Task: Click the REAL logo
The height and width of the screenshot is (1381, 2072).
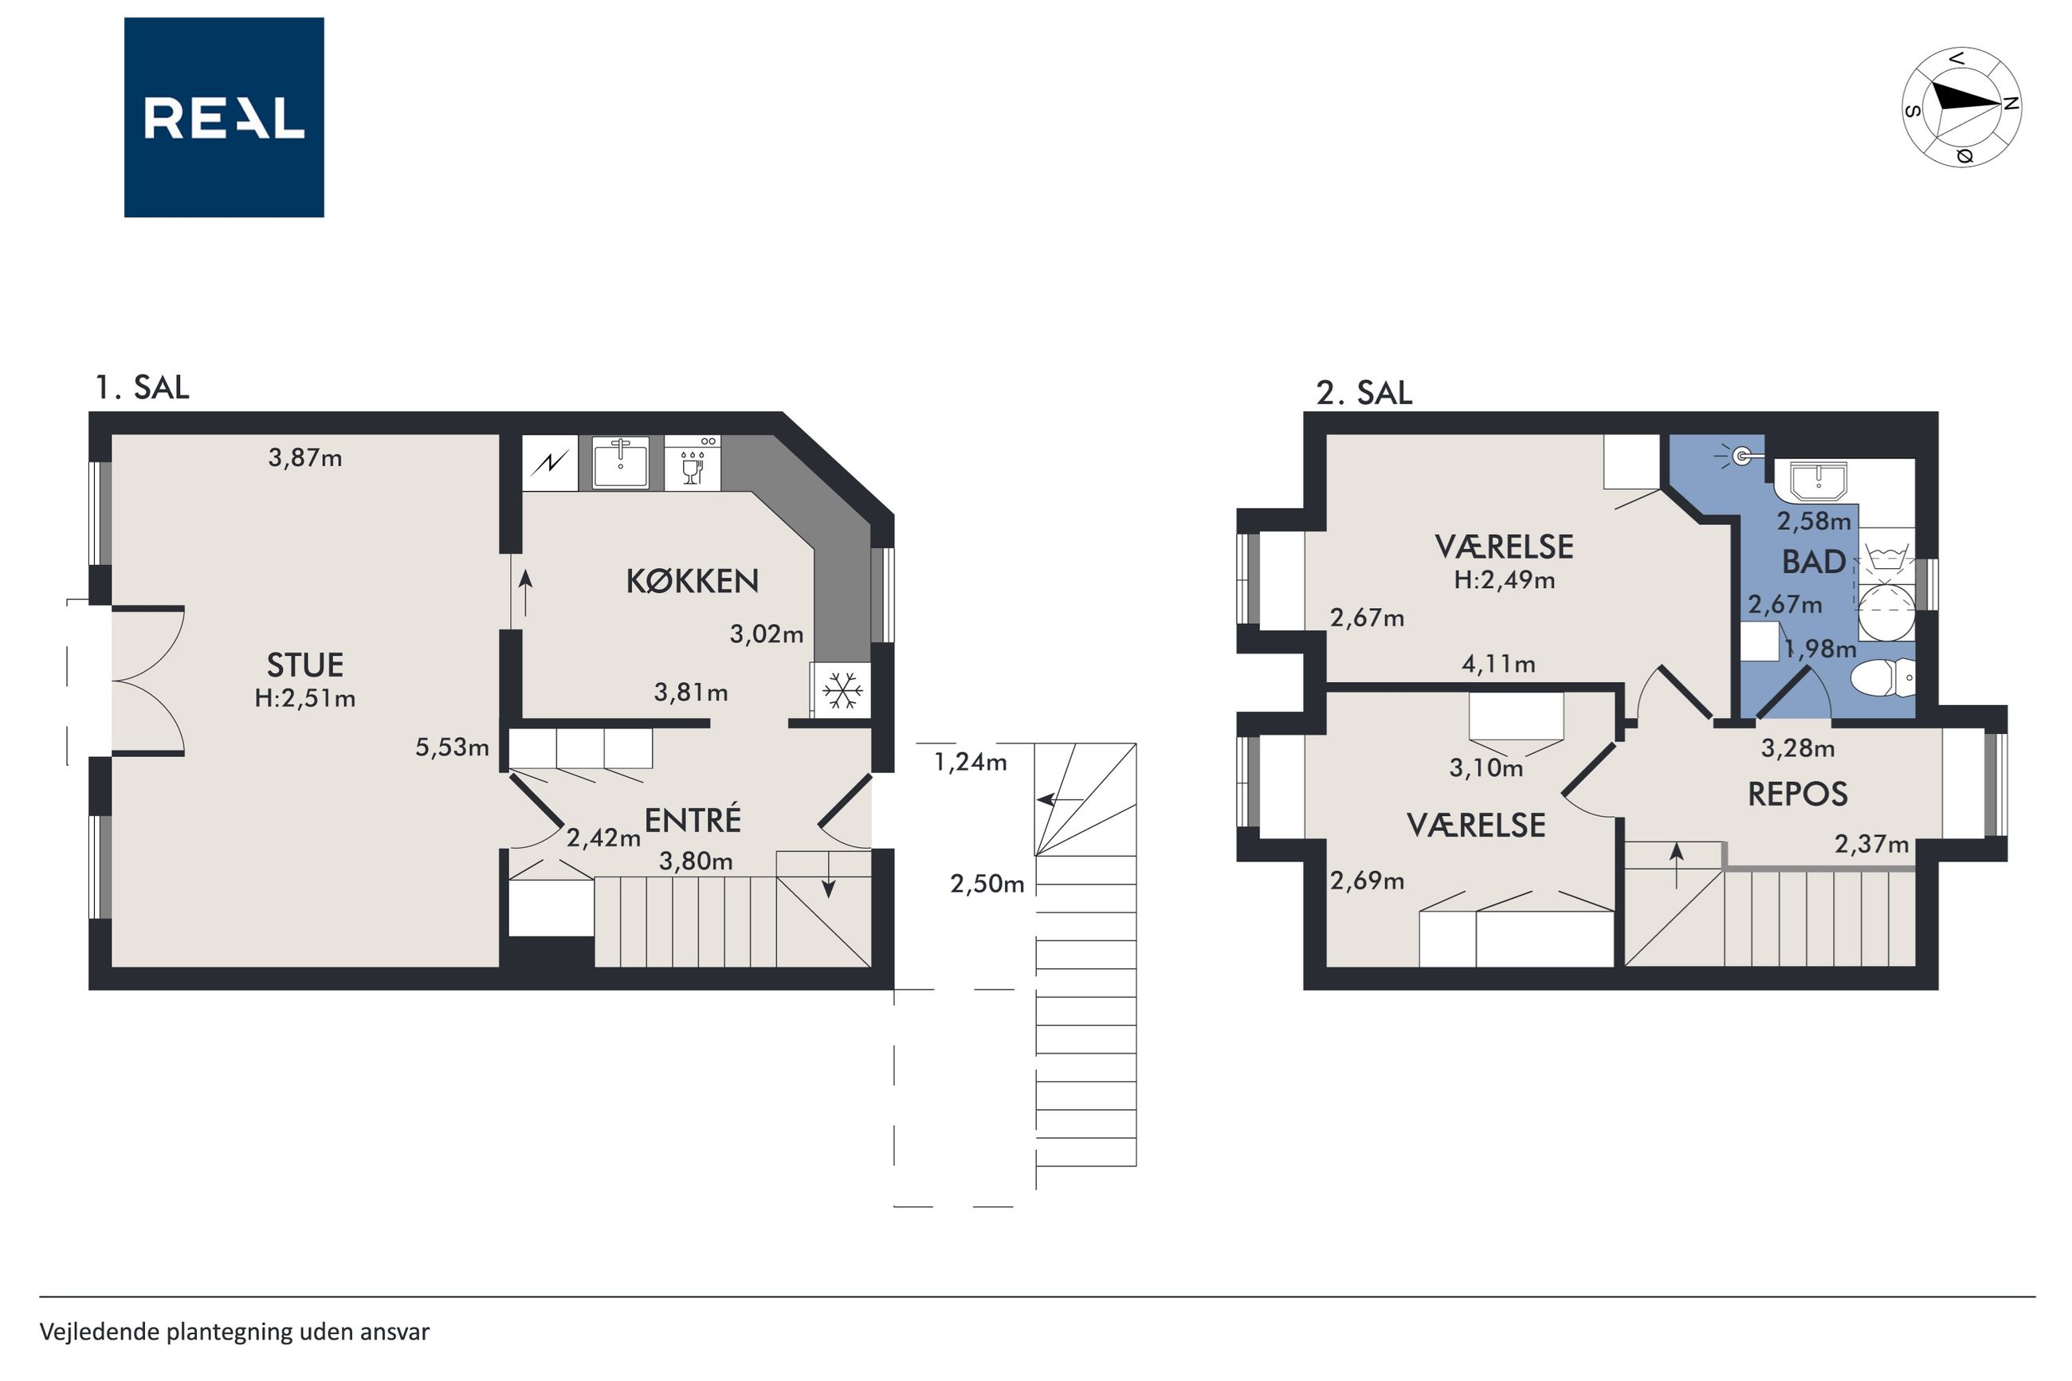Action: coord(224,117)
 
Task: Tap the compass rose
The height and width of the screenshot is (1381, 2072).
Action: coord(1961,108)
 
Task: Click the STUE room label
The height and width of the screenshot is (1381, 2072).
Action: coord(304,664)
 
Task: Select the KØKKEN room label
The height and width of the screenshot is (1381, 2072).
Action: coord(693,580)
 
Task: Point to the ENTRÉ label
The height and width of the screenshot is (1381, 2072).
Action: coord(693,819)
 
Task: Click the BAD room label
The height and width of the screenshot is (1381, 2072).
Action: coord(1813,562)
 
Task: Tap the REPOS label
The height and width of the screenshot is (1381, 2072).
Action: coord(1796,794)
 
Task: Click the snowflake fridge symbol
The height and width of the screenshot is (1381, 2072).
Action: coord(842,689)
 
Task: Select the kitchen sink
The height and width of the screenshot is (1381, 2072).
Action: coord(621,462)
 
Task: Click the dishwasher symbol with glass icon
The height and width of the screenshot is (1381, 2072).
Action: coord(693,463)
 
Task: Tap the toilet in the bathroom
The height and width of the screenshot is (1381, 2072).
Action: coord(1882,678)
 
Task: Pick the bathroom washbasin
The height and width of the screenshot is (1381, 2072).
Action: coord(1817,481)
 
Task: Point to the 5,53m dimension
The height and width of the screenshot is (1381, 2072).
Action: coord(452,747)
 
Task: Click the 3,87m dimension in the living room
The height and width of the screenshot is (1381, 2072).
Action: coord(304,458)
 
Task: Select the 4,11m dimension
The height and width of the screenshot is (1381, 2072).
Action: coord(1498,664)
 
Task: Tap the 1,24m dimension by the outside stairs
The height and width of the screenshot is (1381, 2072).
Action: coord(970,762)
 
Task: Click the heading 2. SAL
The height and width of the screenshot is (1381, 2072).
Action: coord(1364,393)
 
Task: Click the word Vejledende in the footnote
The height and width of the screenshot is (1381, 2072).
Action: coord(100,1331)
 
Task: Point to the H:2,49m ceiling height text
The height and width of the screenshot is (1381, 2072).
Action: coord(1504,580)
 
